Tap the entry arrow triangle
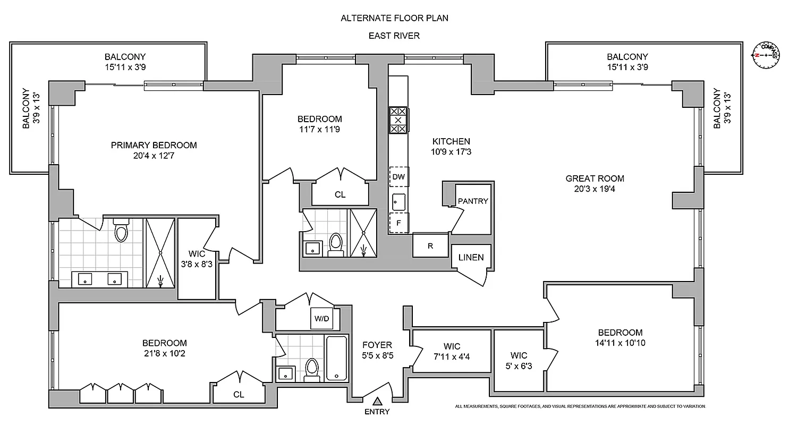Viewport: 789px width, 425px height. point(377,401)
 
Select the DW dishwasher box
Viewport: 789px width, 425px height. point(398,177)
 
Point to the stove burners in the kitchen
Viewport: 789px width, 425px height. point(398,120)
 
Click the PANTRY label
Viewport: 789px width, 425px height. point(472,201)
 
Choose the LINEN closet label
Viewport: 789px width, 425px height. point(471,258)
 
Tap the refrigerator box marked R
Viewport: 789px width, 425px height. point(430,246)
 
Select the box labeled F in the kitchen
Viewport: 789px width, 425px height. point(398,223)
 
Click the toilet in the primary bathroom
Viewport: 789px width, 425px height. point(121,231)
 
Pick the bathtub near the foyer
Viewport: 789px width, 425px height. point(336,358)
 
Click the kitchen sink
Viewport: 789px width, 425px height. point(398,201)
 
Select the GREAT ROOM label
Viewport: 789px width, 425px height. point(595,178)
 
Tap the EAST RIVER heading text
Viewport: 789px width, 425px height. point(394,36)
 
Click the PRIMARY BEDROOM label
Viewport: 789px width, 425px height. point(154,145)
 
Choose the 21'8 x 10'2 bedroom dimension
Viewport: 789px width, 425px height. point(164,353)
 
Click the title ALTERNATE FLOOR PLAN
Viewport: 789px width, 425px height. point(394,18)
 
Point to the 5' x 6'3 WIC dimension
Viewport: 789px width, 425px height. point(519,365)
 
